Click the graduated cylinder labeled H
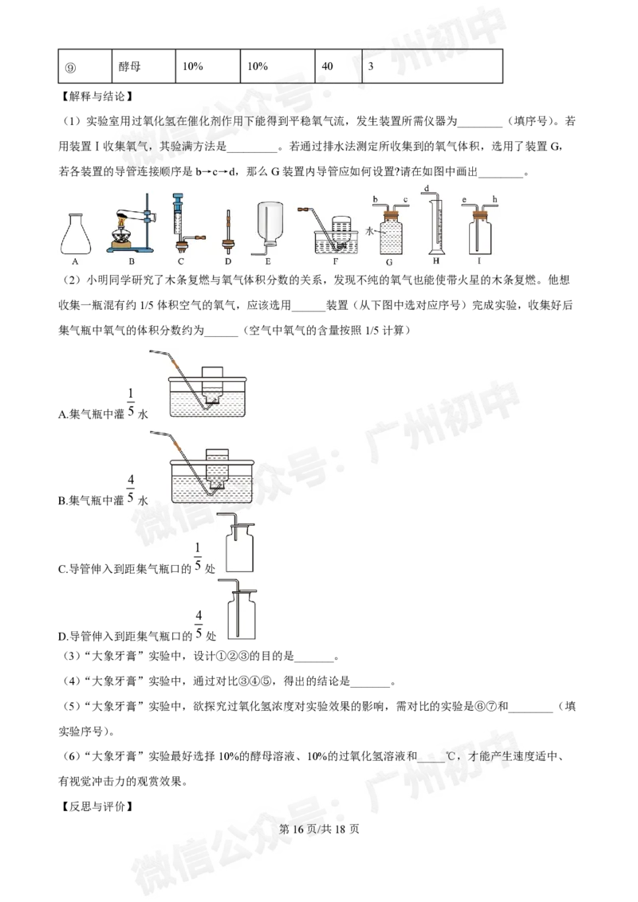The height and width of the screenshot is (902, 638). (436, 224)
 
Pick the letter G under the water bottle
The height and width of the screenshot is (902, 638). (389, 261)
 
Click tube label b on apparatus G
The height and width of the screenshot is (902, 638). (375, 200)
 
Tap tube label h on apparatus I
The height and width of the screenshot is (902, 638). (494, 200)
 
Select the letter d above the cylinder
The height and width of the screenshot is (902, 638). (427, 189)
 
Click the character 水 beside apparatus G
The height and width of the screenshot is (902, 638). (369, 230)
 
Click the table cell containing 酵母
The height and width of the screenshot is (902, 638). (144, 66)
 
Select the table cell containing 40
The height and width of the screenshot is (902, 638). (339, 66)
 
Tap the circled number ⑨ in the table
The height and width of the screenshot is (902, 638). (70, 67)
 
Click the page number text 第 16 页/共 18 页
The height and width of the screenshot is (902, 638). (319, 829)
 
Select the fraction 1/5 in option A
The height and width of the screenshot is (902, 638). (131, 402)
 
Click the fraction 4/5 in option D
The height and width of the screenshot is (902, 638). (199, 625)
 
